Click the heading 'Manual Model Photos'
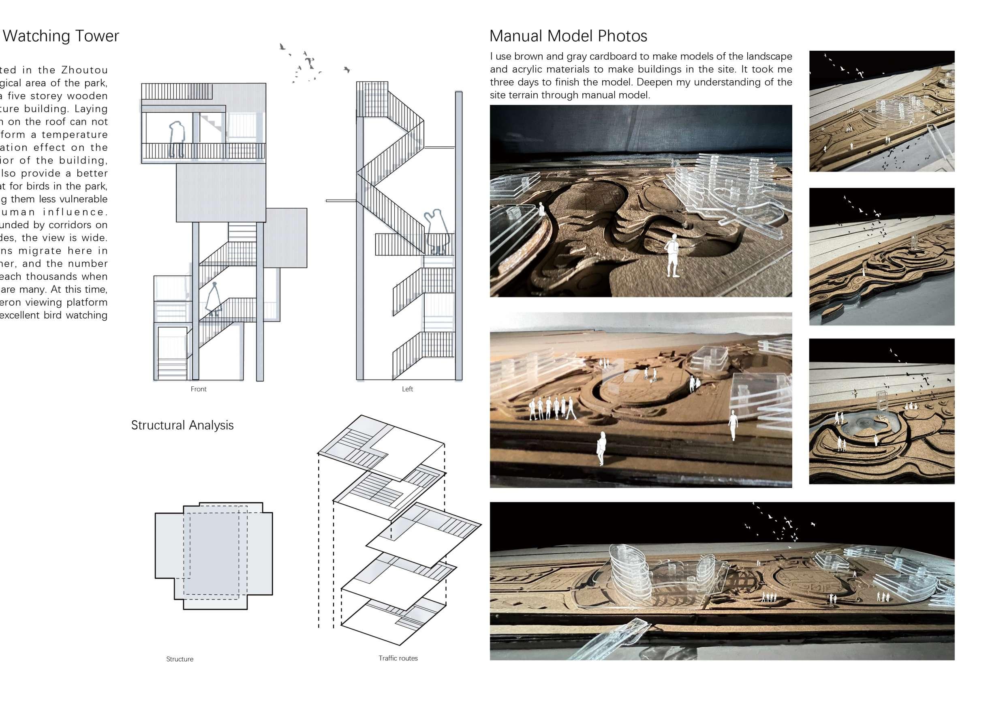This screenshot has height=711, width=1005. tap(568, 36)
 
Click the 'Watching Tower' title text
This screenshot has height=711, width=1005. tap(61, 36)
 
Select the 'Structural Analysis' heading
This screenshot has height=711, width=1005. tap(182, 425)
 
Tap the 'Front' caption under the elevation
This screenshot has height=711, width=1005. tap(198, 389)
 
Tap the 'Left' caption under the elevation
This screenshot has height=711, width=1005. tap(407, 389)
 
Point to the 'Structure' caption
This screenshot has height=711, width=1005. tap(180, 659)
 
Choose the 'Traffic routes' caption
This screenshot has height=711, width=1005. tap(398, 658)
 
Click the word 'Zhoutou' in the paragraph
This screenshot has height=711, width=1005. tap(84, 70)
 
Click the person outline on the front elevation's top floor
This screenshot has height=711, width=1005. tap(177, 139)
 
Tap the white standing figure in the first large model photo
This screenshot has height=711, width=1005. tap(672, 256)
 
